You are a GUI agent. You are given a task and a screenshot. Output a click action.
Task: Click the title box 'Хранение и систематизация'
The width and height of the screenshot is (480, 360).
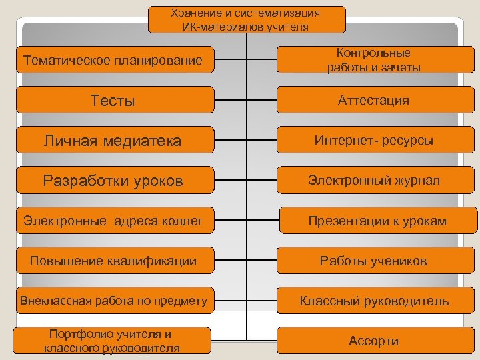[x=246, y=19]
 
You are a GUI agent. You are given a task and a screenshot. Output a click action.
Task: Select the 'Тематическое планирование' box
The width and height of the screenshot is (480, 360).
[x=113, y=61]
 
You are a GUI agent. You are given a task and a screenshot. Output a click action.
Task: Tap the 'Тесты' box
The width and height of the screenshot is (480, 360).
[x=113, y=101]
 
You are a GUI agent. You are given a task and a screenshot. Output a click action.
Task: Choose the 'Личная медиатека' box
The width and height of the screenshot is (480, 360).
[x=113, y=141]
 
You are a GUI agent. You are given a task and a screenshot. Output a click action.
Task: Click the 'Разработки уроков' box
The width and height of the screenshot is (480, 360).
[x=113, y=181]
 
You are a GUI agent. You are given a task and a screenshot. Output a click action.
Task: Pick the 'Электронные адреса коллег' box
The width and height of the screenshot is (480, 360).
[x=113, y=221]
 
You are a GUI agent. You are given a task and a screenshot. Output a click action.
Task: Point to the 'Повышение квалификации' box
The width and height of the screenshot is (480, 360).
[x=113, y=261]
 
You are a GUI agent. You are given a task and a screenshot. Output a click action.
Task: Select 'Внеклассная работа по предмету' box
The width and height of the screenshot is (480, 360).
[x=113, y=301]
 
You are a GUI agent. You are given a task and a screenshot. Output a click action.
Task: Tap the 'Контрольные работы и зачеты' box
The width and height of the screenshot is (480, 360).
[x=374, y=60]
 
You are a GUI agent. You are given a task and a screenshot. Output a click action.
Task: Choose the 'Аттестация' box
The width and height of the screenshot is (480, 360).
[x=374, y=101]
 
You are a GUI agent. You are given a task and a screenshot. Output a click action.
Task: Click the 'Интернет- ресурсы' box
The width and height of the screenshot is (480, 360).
[x=374, y=141]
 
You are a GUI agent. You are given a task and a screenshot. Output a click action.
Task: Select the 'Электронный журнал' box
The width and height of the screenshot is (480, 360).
[x=374, y=181]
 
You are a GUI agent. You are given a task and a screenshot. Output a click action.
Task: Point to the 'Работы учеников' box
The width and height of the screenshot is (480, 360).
[x=374, y=261]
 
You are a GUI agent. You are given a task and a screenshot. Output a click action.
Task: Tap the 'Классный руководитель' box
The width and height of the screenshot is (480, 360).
[x=374, y=301]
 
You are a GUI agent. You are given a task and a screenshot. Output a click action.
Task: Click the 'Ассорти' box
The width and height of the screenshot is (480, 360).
[x=374, y=341]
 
